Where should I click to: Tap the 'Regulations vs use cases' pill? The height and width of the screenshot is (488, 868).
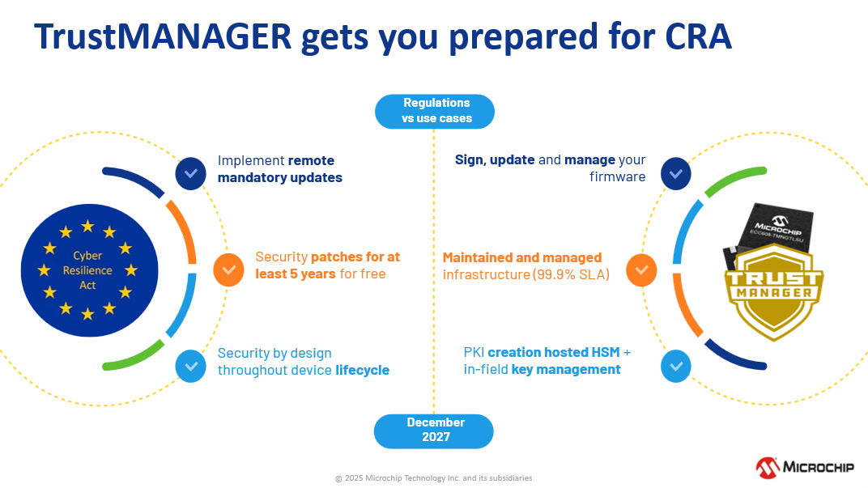(435, 111)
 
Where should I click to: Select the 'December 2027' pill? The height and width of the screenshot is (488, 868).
(434, 431)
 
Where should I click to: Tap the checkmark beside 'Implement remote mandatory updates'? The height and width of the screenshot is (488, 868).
(191, 173)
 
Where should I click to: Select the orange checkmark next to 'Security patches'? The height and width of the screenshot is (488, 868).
(228, 270)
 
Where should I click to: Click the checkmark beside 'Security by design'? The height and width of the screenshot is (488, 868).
(191, 367)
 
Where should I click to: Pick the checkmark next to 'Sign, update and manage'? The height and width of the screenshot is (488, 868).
(676, 173)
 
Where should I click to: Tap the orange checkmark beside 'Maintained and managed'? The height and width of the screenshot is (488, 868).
(640, 270)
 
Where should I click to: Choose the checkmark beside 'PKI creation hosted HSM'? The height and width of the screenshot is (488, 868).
(676, 367)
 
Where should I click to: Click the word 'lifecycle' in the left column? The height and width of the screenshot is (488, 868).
(362, 370)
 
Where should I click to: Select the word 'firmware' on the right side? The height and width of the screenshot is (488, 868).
(618, 176)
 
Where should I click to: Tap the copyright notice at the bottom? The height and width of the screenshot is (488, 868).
(434, 478)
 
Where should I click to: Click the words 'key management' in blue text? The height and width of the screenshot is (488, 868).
(566, 370)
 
